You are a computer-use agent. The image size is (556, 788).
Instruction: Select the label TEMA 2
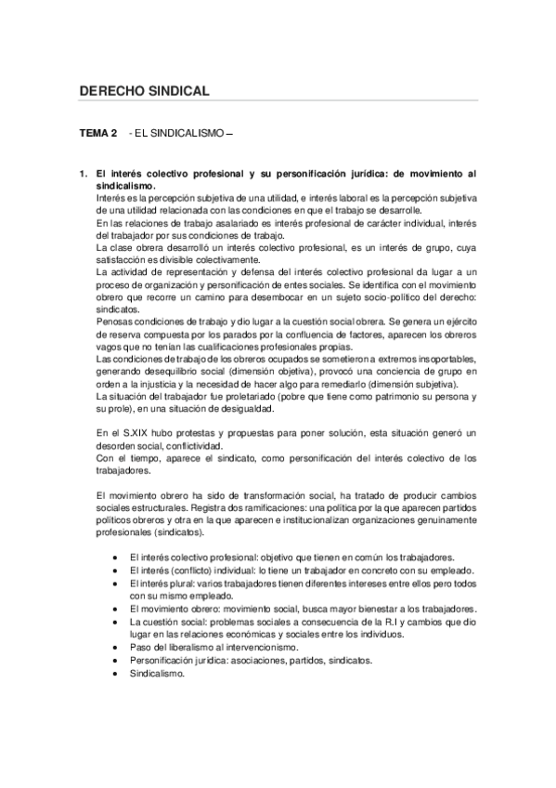click(x=97, y=134)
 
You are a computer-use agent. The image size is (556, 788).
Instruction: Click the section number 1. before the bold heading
click(x=83, y=174)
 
